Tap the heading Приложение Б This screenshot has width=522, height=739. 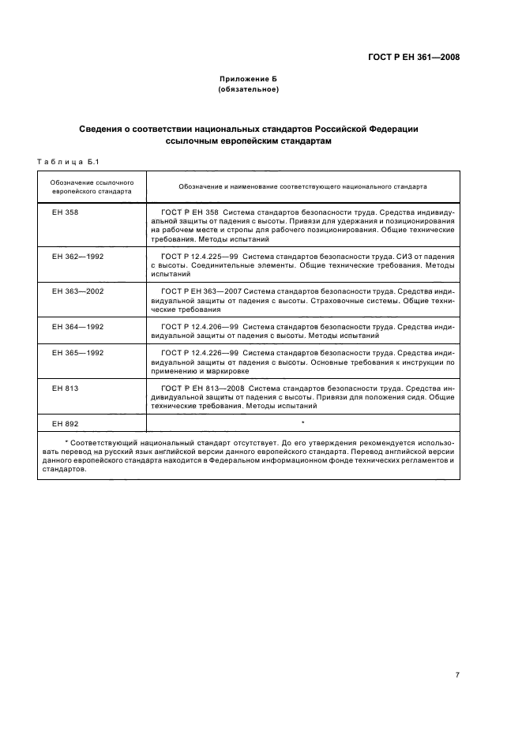249,80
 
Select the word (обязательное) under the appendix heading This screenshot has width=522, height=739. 249,90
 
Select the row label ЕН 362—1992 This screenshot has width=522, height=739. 76,257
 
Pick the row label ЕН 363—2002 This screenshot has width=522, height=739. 76,291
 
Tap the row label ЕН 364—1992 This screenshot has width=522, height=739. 76,326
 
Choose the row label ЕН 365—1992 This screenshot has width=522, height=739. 76,352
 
